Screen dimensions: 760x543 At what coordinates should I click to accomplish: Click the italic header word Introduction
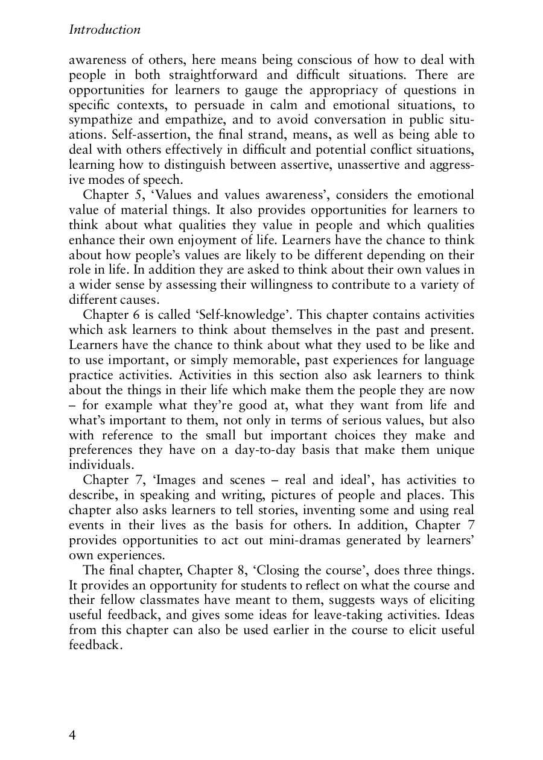click(105, 30)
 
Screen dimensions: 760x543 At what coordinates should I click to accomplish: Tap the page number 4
click(73, 735)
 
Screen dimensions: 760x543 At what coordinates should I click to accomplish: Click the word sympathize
click(100, 119)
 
